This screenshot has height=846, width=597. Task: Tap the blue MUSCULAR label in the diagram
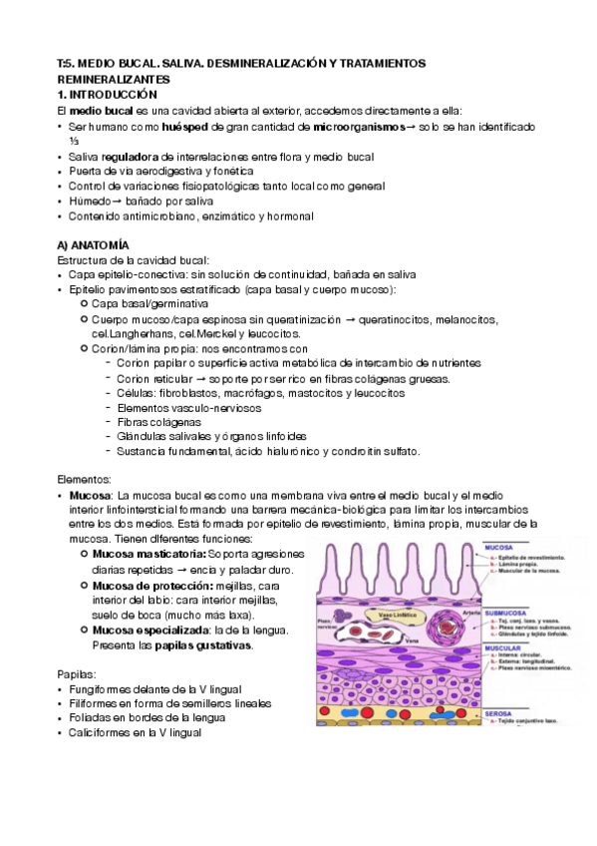pyautogui.click(x=505, y=646)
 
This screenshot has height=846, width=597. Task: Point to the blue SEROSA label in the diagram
pyautogui.click(x=498, y=714)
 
